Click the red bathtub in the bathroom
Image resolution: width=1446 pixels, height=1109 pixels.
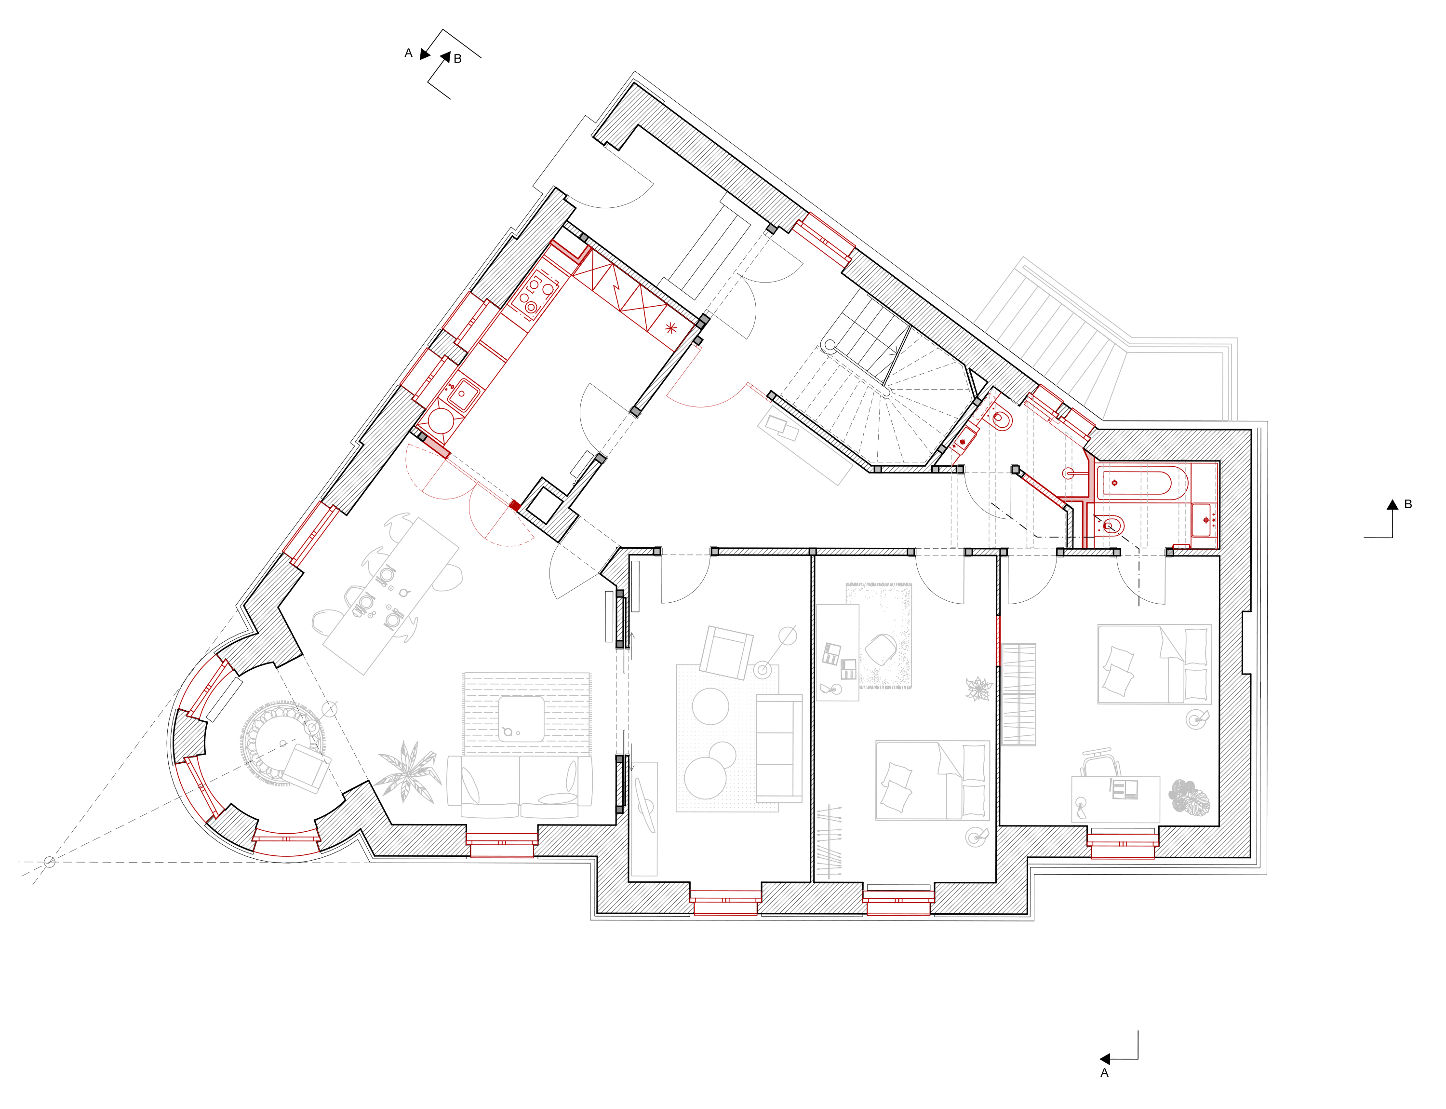tap(1142, 483)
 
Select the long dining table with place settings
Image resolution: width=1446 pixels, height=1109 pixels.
tap(391, 595)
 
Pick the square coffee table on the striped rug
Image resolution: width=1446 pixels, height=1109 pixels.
tap(522, 718)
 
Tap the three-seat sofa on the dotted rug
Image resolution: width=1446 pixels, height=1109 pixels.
tap(779, 748)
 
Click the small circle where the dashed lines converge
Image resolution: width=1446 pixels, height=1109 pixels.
tap(50, 862)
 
